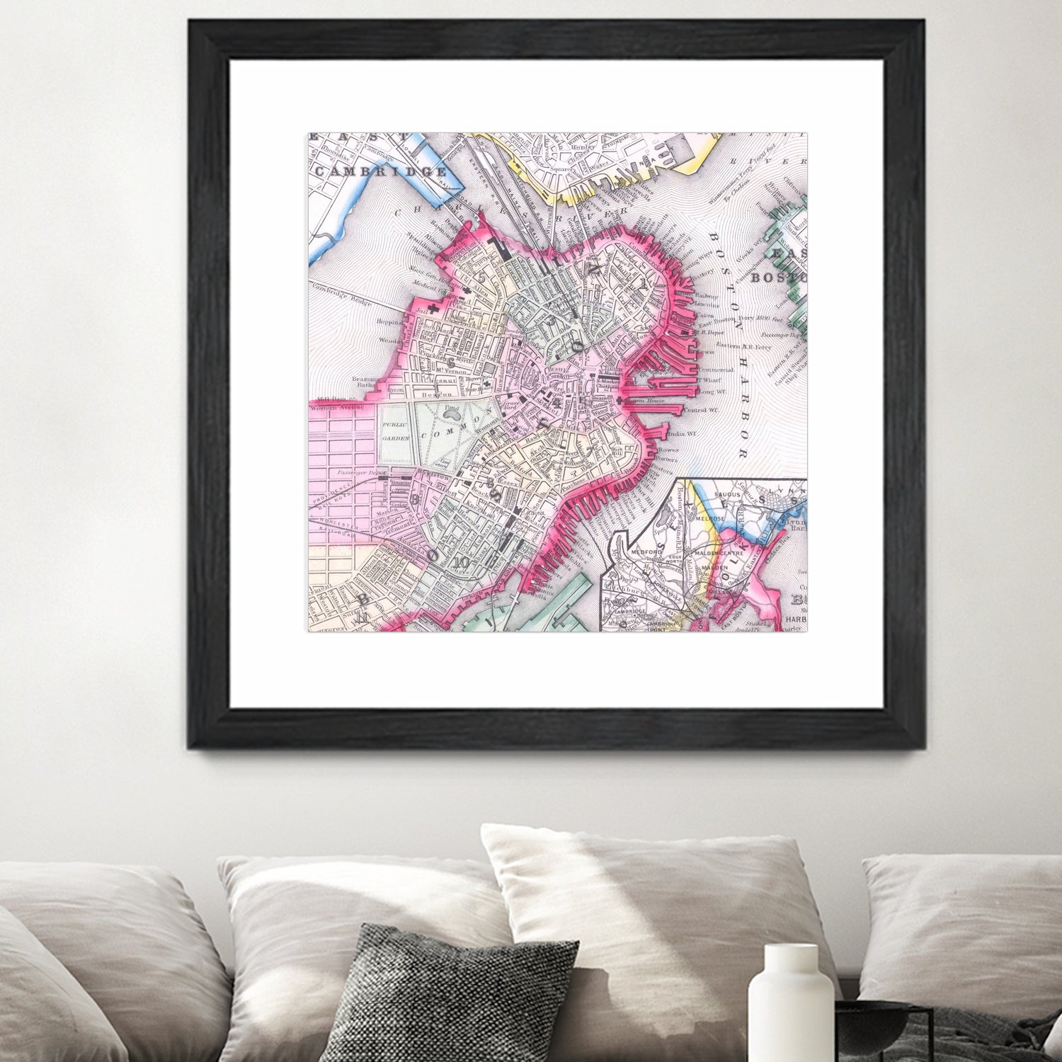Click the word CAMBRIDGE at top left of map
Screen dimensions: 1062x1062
point(381,172)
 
